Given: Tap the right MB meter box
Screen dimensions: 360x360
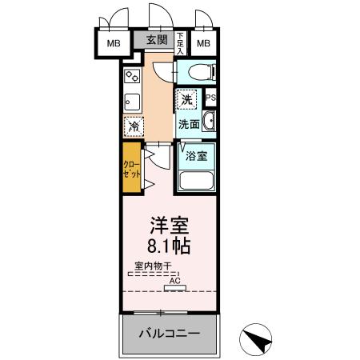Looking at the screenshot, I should pos(203,42).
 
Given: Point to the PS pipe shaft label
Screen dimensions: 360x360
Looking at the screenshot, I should pos(212,98).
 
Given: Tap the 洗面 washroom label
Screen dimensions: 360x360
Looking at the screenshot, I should pos(189,124).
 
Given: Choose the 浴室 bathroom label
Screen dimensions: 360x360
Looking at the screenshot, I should pos(197,156).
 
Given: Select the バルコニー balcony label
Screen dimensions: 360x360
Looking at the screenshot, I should pos(168,332).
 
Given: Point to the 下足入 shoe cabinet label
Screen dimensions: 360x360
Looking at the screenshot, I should pos(180,42).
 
